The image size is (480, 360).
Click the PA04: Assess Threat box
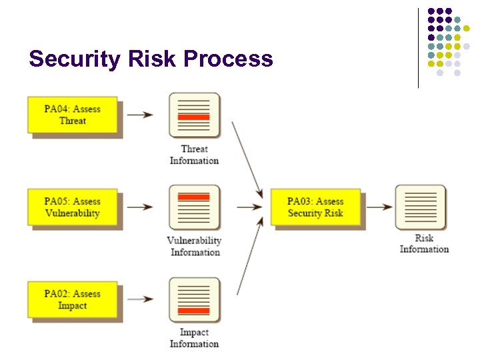(x=73, y=115)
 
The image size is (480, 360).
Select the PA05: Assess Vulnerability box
(x=73, y=207)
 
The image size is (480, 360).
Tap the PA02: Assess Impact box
(x=73, y=299)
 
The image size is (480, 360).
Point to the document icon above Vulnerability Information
(x=194, y=207)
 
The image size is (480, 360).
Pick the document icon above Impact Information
(x=194, y=300)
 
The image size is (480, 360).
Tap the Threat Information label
(x=194, y=155)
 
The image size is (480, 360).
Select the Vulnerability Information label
(x=194, y=246)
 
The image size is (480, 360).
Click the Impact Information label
(x=194, y=338)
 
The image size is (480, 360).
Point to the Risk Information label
(x=424, y=243)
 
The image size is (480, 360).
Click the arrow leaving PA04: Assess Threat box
(x=140, y=115)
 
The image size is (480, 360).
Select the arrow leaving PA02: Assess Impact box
(x=140, y=299)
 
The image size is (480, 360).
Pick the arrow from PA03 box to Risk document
(x=379, y=207)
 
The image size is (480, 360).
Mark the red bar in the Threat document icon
(x=194, y=117)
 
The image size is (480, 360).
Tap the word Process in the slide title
(x=228, y=59)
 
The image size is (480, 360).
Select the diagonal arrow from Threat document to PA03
(x=247, y=160)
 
